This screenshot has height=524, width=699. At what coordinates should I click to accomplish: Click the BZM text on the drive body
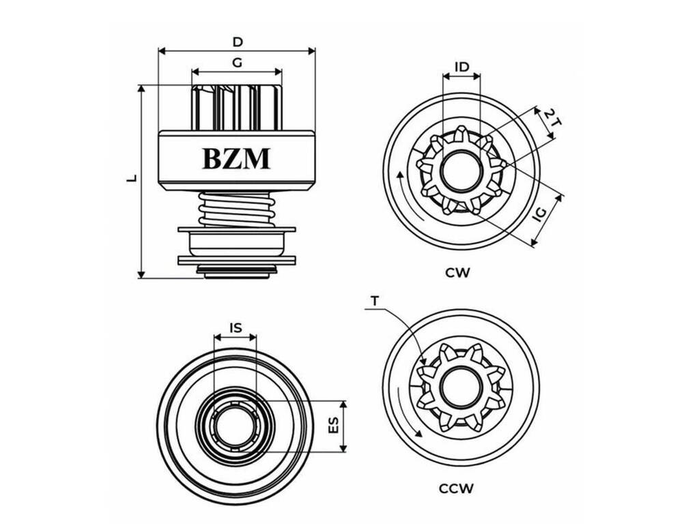(x=236, y=158)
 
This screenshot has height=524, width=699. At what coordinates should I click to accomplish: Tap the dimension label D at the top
(x=238, y=42)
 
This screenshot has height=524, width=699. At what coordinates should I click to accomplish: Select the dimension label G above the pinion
(x=237, y=63)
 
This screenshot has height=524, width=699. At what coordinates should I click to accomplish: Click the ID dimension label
(x=462, y=67)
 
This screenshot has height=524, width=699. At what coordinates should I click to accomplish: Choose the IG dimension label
(x=540, y=214)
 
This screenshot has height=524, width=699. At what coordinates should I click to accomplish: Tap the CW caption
(x=457, y=272)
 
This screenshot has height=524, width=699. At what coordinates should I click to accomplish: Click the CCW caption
(x=456, y=489)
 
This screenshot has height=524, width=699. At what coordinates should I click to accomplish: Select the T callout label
(x=375, y=301)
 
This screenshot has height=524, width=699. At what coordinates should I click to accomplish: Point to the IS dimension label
(x=236, y=328)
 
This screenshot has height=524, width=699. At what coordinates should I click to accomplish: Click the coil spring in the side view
(x=236, y=209)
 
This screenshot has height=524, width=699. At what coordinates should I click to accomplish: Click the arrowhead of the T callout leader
(x=422, y=362)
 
